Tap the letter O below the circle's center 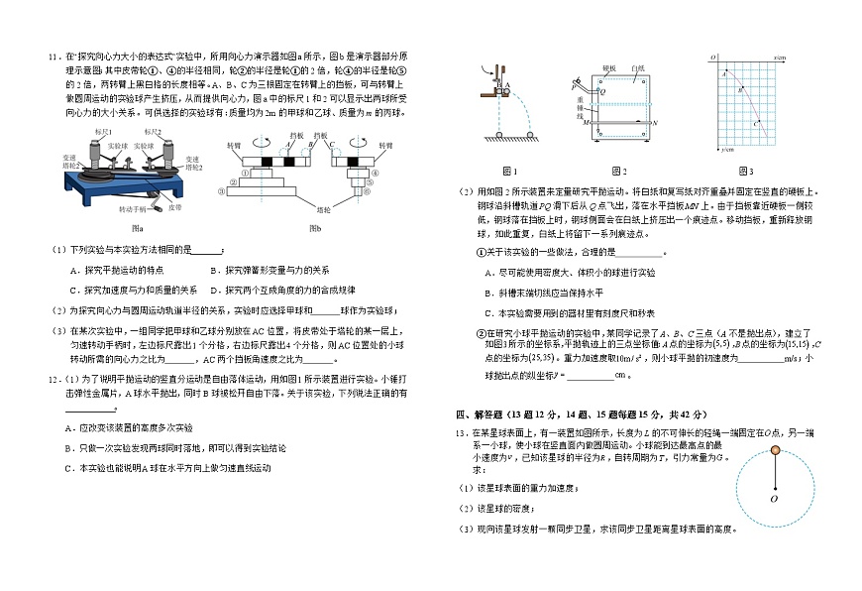click(773, 499)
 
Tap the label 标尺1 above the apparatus click(104, 131)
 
